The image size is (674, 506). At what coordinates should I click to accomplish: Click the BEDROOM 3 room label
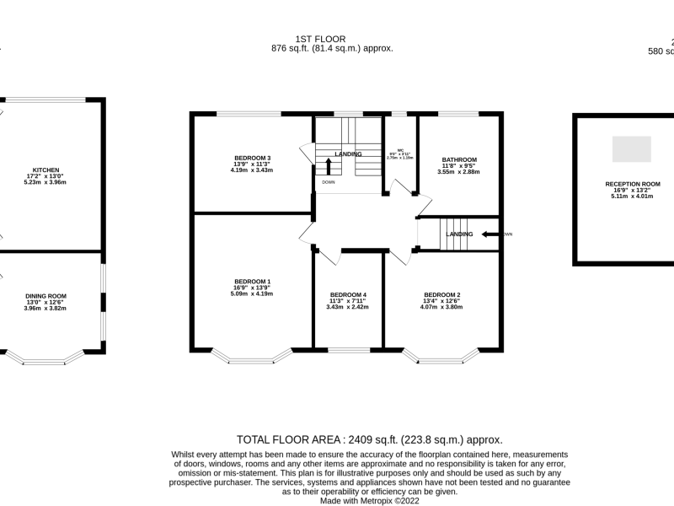tap(252, 159)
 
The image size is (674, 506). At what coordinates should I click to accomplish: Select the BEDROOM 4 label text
tap(347, 295)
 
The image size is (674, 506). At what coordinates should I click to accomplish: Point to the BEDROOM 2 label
tap(441, 295)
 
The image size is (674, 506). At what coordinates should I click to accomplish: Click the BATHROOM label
tap(459, 159)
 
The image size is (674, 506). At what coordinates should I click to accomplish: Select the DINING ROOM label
tap(45, 296)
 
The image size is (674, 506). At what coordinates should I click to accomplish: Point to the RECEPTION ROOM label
tap(632, 184)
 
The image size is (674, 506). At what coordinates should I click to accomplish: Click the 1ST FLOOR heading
tap(332, 39)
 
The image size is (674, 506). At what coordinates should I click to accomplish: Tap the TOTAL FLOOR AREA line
tap(369, 439)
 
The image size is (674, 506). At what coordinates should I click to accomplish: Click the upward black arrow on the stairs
tap(329, 164)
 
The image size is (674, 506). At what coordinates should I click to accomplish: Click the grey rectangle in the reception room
tap(631, 149)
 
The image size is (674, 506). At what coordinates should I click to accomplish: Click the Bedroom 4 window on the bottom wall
tap(347, 349)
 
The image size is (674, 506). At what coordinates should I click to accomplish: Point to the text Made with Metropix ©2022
tap(369, 500)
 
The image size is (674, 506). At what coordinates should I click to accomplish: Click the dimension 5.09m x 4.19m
tap(252, 294)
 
